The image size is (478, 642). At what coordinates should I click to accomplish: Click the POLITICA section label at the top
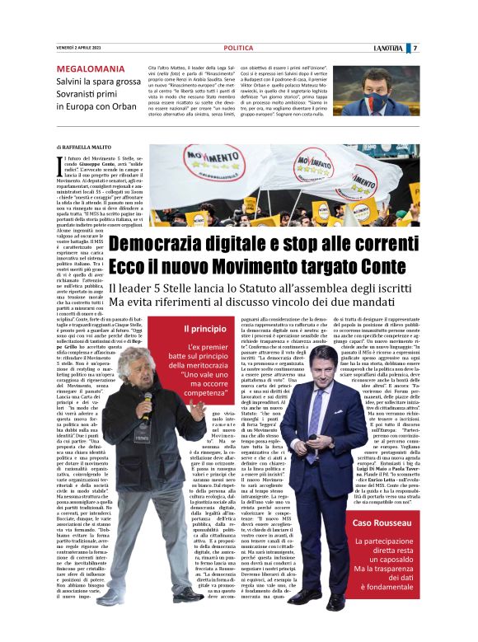238,49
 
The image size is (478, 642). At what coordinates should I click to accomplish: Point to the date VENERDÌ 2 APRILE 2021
82,49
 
